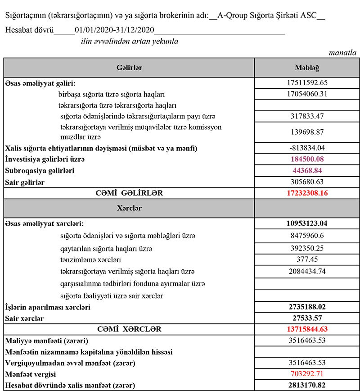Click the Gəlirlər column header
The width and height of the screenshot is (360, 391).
point(129,68)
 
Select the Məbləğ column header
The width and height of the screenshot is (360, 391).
point(306,68)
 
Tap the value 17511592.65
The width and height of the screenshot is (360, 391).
point(306,83)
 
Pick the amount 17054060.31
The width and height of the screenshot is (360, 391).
point(306,94)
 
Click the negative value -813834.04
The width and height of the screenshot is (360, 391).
point(306,148)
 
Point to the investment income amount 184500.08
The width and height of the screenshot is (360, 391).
point(306,159)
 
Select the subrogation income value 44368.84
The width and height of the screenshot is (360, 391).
point(306,171)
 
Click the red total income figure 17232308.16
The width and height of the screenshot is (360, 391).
point(306,193)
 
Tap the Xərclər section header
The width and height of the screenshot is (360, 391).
point(129,209)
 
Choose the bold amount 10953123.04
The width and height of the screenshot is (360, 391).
point(306,224)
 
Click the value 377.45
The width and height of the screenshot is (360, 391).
point(306,259)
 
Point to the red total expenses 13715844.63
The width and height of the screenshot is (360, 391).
point(306,329)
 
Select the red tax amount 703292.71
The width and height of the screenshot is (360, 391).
point(306,374)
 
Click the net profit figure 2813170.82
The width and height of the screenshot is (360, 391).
point(306,385)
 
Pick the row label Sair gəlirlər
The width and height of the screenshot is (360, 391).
point(25,182)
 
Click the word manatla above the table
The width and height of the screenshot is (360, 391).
point(343,53)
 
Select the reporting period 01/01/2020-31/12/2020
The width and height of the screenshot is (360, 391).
point(115,30)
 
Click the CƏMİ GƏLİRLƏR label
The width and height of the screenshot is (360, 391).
point(129,193)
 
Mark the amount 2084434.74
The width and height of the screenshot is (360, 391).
point(306,271)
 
